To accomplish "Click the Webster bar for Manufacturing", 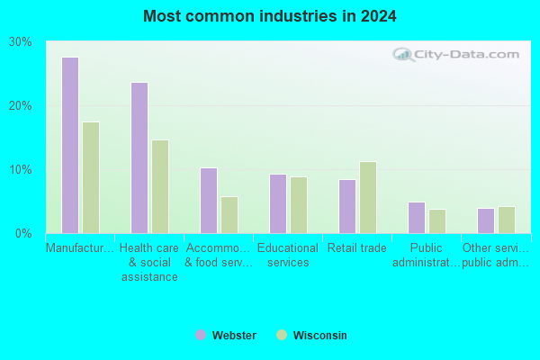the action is (70, 146).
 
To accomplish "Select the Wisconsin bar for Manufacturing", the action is (91, 178).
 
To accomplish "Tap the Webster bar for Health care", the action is (139, 157).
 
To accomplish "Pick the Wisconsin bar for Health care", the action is (160, 186).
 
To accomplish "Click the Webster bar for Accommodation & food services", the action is (209, 201).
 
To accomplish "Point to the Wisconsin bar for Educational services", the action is (299, 205).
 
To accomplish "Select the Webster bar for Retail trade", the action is (347, 207).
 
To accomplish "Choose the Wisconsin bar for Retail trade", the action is (368, 198).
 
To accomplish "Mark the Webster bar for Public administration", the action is (417, 218).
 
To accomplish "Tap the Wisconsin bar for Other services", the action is (507, 220).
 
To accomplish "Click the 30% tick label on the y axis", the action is (21, 41).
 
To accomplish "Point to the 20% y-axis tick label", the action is (21, 106).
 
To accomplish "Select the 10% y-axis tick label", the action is (21, 170).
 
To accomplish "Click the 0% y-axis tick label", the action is (23, 234).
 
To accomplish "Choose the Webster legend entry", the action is (226, 335).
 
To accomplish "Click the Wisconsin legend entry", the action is (311, 335).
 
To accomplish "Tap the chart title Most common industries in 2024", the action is (270, 16).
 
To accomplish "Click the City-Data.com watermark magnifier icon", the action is (403, 54).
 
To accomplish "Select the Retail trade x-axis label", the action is (357, 247).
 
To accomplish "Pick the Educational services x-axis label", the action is (288, 255).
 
